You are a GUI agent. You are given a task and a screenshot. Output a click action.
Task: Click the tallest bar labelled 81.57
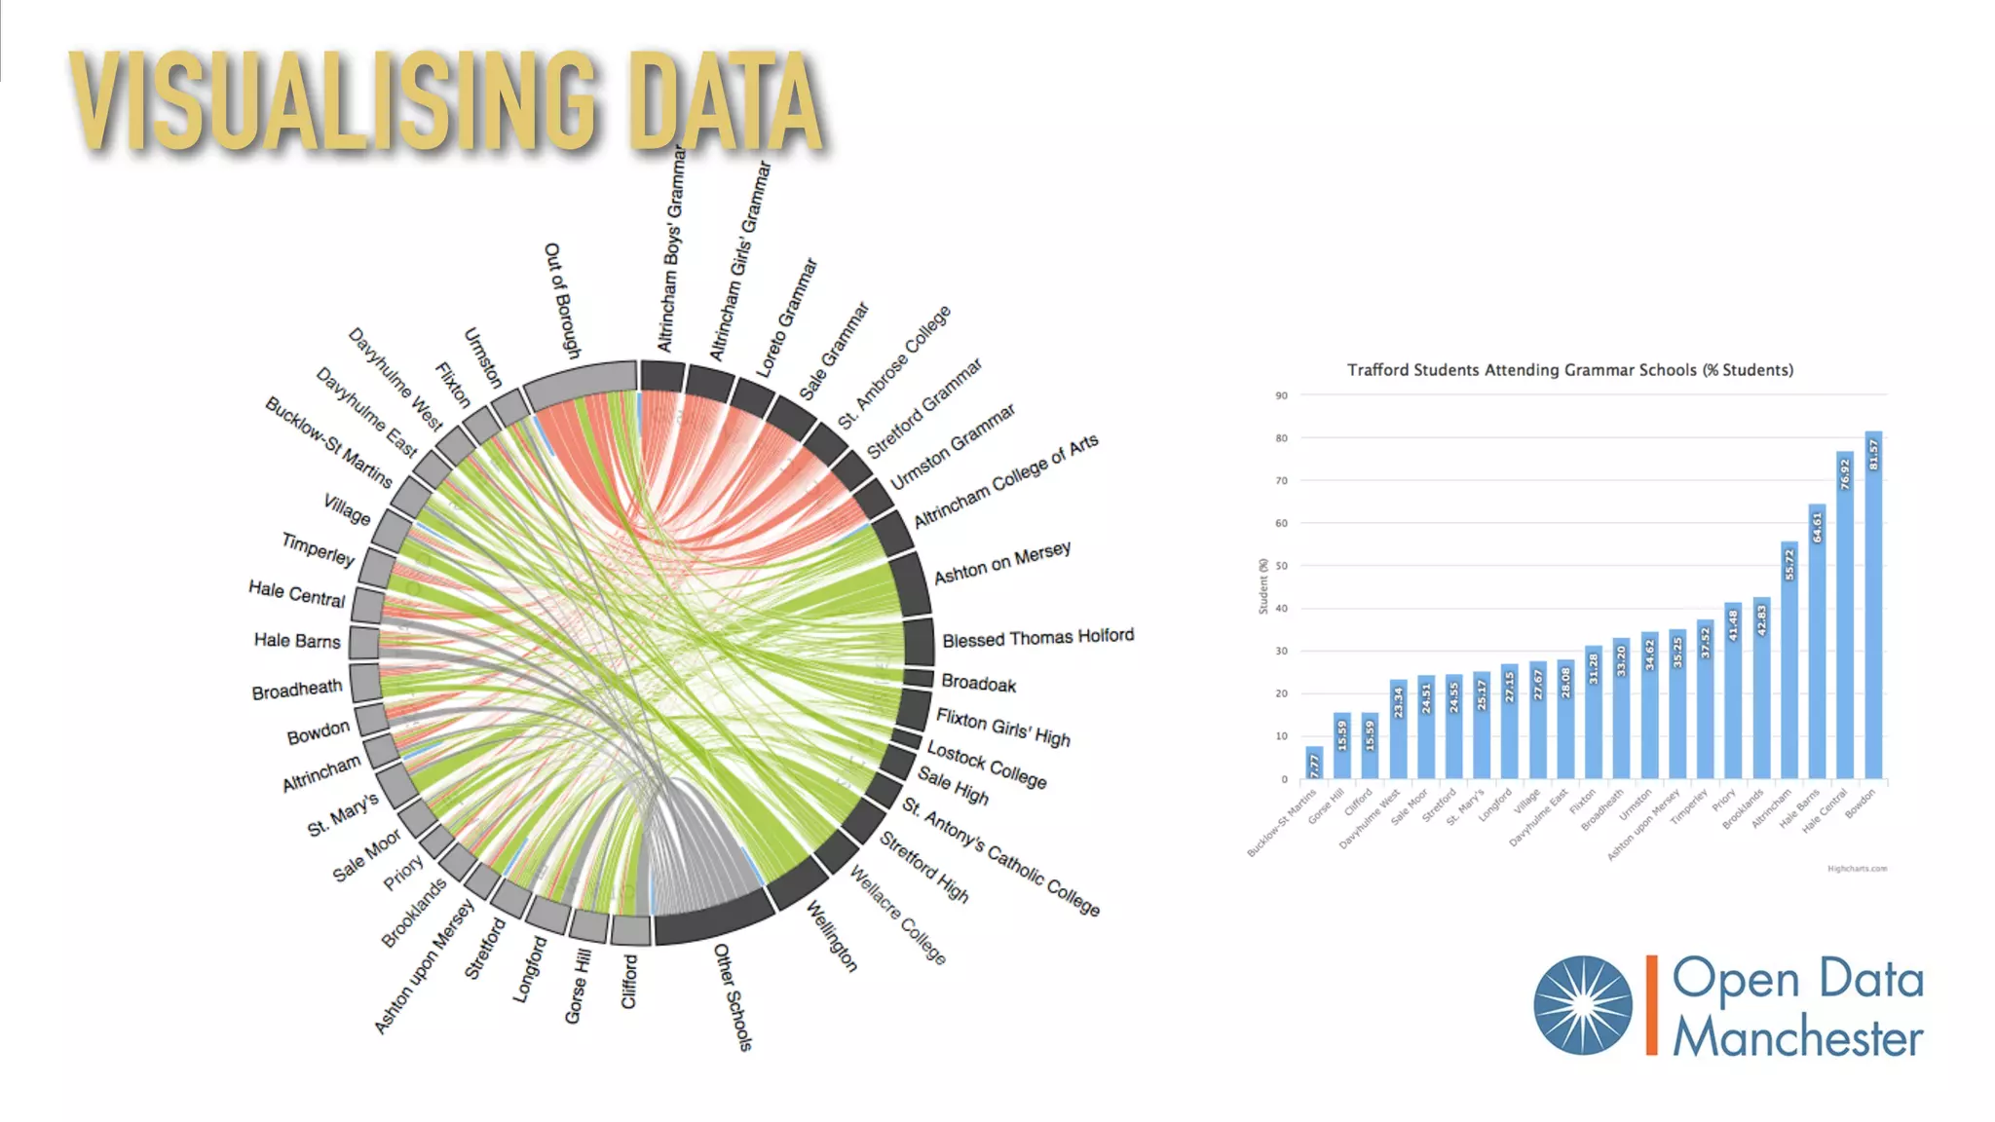coord(1872,604)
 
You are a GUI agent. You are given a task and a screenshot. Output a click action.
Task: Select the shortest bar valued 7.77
coord(1314,763)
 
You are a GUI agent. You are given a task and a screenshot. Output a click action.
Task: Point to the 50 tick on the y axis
coord(1282,566)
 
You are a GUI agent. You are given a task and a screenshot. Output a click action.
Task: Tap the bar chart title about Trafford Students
coord(1569,370)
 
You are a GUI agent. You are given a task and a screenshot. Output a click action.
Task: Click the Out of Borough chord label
coord(562,300)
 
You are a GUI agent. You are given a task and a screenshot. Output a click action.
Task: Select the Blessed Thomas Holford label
coord(1037,638)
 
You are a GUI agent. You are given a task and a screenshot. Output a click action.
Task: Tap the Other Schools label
coord(734,996)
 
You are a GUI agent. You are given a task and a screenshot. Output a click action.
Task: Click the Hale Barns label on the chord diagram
coord(297,641)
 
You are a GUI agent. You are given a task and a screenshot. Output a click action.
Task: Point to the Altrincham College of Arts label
coord(1005,481)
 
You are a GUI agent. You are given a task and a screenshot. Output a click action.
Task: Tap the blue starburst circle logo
coord(1582,1005)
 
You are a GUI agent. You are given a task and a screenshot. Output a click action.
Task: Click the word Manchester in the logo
coord(1797,1037)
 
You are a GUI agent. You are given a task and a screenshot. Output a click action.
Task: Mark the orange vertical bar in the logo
coord(1651,1005)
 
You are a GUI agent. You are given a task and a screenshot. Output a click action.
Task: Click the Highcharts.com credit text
coord(1857,869)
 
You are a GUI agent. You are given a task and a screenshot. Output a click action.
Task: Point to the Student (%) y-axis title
coord(1263,586)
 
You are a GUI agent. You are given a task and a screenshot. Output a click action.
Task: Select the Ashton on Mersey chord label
coord(1002,563)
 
